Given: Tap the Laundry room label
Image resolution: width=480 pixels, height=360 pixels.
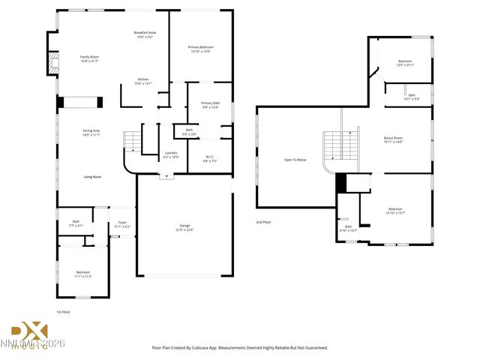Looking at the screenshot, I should point(171,154).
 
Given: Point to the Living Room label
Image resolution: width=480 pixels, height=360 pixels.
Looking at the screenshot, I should point(92,177).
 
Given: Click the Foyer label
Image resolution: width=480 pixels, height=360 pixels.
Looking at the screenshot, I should point(122,224).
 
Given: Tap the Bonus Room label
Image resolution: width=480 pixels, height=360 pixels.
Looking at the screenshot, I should point(393,139).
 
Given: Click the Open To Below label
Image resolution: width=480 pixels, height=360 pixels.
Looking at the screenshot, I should point(295,160).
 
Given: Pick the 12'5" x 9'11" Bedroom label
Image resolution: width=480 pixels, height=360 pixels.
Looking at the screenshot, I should point(405,63).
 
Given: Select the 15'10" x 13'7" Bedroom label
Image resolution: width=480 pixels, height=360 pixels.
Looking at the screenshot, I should point(396,211).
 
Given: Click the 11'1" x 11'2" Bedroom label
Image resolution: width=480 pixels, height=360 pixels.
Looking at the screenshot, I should point(82,274).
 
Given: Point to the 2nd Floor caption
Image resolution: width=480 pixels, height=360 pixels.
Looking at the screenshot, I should point(263,222).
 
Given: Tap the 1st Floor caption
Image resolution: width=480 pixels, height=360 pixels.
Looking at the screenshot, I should point(64,311).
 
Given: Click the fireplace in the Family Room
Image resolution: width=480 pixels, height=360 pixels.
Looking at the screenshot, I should point(52,64).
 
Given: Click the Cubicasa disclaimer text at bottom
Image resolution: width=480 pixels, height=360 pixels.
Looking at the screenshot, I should point(240,348).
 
